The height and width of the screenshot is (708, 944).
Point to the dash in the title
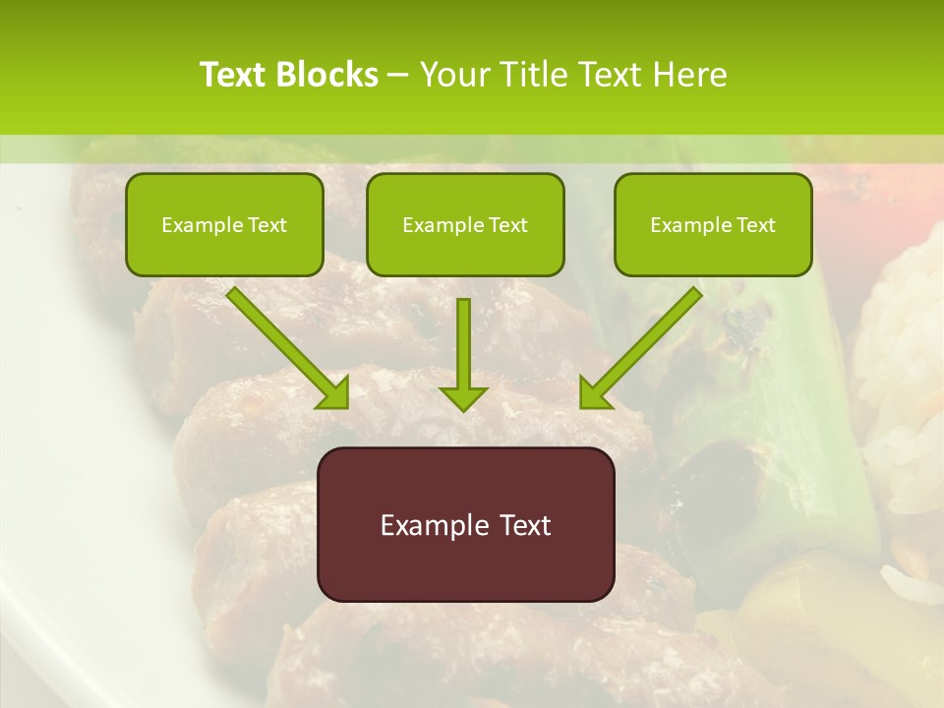coord(398,76)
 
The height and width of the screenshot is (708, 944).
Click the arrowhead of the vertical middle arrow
coord(463,397)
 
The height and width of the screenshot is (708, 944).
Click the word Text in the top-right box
coord(755,225)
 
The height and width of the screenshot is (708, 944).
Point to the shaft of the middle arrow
coord(463,339)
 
